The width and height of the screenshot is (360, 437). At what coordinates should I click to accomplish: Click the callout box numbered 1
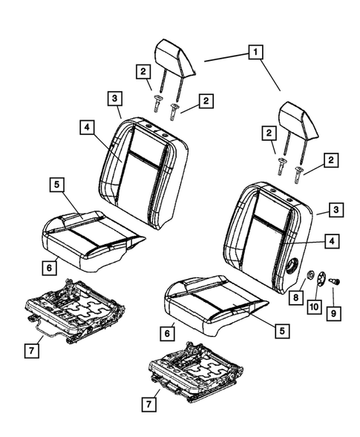click(x=255, y=53)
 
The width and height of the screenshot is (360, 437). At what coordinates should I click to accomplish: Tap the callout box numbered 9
click(x=334, y=312)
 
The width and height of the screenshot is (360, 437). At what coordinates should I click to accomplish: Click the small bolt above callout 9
click(x=333, y=281)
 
